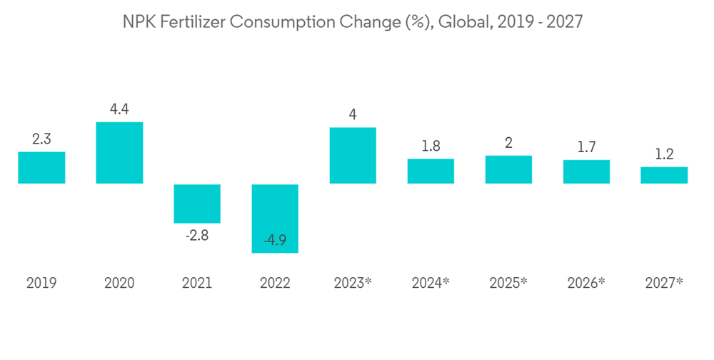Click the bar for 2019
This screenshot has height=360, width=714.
pyautogui.click(x=41, y=168)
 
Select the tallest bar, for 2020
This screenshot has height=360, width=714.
pyautogui.click(x=119, y=153)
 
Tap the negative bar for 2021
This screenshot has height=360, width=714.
pyautogui.click(x=197, y=204)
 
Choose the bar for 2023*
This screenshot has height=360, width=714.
pyautogui.click(x=353, y=156)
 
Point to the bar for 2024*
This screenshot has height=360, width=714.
pyautogui.click(x=431, y=171)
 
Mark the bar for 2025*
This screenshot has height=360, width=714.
pyautogui.click(x=508, y=170)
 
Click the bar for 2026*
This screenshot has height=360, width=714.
pyautogui.click(x=586, y=172)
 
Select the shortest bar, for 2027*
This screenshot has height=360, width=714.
pyautogui.click(x=664, y=176)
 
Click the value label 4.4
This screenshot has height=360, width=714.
pyautogui.click(x=119, y=109)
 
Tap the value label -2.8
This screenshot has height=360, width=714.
pyautogui.click(x=197, y=236)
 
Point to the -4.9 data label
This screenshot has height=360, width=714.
pyautogui.click(x=275, y=241)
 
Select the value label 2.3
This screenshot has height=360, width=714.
pyautogui.click(x=41, y=139)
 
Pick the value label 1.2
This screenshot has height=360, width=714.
pyautogui.click(x=664, y=154)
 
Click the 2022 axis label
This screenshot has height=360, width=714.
pyautogui.click(x=275, y=283)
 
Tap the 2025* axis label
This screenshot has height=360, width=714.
pyautogui.click(x=508, y=283)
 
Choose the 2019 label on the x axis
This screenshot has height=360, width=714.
pyautogui.click(x=41, y=283)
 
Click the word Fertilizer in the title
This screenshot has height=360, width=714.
pyautogui.click(x=196, y=22)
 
